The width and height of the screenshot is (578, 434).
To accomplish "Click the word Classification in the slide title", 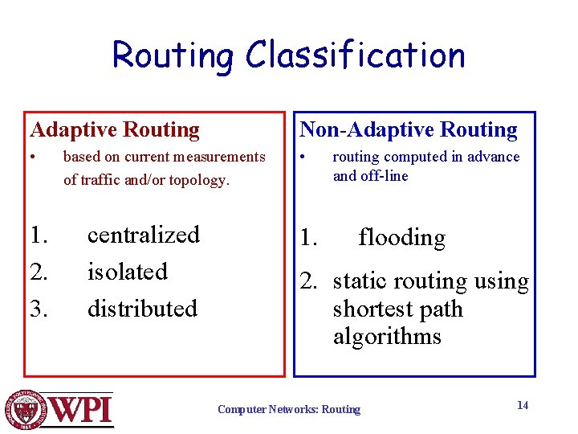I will pyautogui.click(x=355, y=55).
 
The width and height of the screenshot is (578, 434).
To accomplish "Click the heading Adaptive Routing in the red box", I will pyautogui.click(x=115, y=129).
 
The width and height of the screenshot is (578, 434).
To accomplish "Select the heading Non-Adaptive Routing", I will pyautogui.click(x=409, y=129).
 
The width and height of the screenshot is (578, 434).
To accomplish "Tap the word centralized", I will pyautogui.click(x=143, y=235).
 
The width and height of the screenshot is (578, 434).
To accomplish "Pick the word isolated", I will pyautogui.click(x=127, y=272).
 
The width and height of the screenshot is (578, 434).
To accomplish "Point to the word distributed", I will pyautogui.click(x=142, y=309).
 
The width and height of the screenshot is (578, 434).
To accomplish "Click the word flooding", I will pyautogui.click(x=401, y=238).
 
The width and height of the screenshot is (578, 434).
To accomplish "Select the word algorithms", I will pyautogui.click(x=387, y=336).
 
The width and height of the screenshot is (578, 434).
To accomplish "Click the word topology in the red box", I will pyautogui.click(x=201, y=180).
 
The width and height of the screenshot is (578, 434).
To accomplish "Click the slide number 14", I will pyautogui.click(x=522, y=405).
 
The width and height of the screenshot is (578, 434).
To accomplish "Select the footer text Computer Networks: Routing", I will pyautogui.click(x=289, y=410).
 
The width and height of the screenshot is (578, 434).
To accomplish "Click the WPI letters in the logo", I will pyautogui.click(x=83, y=409).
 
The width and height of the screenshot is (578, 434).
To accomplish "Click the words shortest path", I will pyautogui.click(x=397, y=309).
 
